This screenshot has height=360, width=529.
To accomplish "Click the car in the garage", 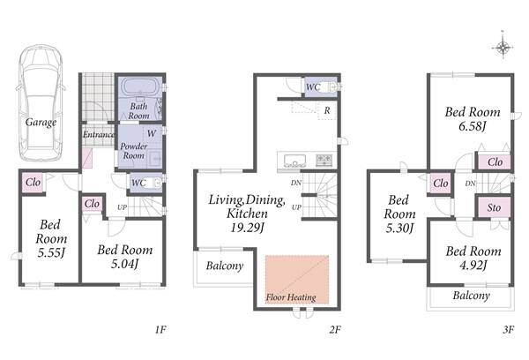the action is click(x=41, y=102).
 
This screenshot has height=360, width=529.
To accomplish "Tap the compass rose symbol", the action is click(x=503, y=48).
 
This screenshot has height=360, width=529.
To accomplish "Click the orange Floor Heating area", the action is click(x=297, y=280).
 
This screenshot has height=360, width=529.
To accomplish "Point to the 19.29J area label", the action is click(x=247, y=228).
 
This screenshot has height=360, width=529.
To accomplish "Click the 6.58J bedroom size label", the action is click(x=473, y=127).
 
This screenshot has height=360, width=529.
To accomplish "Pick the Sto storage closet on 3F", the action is click(x=494, y=207).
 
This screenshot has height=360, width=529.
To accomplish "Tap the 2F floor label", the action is click(x=335, y=329).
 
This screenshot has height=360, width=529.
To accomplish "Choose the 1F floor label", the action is click(x=161, y=329).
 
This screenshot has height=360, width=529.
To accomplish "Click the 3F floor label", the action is click(x=509, y=329).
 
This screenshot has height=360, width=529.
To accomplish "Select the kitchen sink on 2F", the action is click(x=294, y=160).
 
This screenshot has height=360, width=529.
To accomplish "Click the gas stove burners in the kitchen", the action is click(x=324, y=160).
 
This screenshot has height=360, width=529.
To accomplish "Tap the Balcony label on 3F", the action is click(x=472, y=296).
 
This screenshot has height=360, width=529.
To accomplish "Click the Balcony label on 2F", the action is click(x=225, y=266).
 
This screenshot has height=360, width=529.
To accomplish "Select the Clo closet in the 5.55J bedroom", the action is click(x=34, y=183).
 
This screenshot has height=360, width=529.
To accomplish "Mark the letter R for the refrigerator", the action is click(x=327, y=110).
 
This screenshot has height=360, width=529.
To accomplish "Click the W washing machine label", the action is click(x=152, y=133).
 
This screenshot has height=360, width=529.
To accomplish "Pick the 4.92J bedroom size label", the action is click(x=473, y=266).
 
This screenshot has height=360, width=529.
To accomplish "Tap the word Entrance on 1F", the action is click(x=99, y=134).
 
